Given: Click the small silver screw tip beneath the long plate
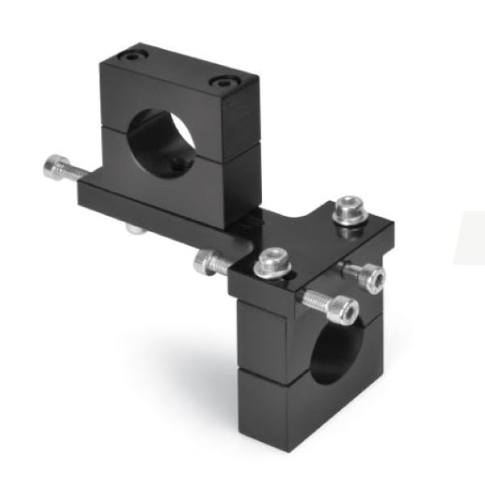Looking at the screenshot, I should click(x=133, y=230).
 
